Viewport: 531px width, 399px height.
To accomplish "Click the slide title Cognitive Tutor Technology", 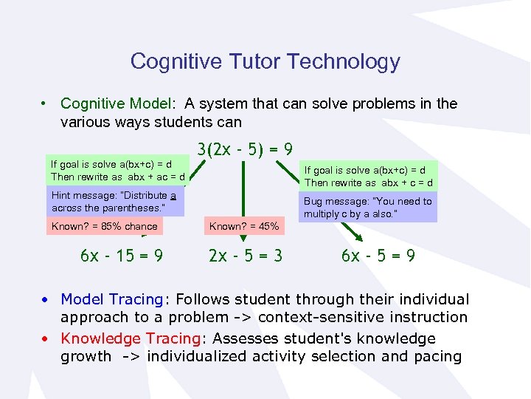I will [265, 61].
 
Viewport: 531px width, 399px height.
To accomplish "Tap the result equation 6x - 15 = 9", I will [122, 256].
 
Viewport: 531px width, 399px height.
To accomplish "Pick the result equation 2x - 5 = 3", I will [245, 256].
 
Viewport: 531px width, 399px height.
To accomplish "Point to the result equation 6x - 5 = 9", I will [378, 256].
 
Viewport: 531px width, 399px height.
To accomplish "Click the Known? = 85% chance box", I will [104, 226].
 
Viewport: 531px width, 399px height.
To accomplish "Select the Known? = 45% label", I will [244, 226].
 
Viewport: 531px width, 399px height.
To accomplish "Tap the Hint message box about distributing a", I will [116, 202].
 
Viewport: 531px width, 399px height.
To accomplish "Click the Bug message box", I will [368, 208].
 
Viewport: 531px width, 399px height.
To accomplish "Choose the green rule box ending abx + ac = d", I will [117, 171].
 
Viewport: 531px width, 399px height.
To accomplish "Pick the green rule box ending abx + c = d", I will [368, 176].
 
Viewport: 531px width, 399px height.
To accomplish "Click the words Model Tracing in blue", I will [111, 299].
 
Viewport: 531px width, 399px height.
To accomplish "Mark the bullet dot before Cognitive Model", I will [46, 103].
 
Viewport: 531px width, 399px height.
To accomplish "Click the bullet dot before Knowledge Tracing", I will [46, 338].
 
